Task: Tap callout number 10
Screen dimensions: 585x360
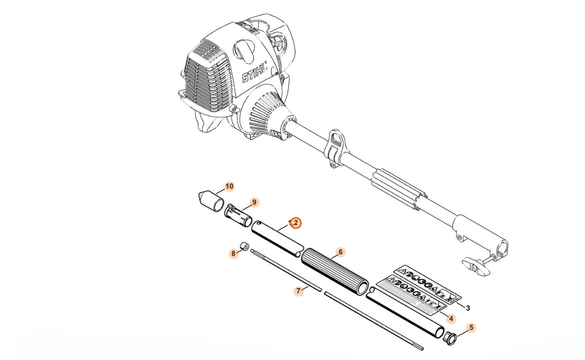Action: pyautogui.click(x=229, y=186)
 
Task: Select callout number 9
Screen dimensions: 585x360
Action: pyautogui.click(x=254, y=202)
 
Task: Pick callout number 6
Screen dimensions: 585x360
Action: pyautogui.click(x=340, y=252)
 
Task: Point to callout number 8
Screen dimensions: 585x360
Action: pyautogui.click(x=233, y=254)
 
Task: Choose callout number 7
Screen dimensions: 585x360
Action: pyautogui.click(x=298, y=291)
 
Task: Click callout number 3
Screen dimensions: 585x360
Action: pyautogui.click(x=468, y=308)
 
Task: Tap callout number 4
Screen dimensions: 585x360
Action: pyautogui.click(x=451, y=319)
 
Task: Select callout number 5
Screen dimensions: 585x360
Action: pyautogui.click(x=471, y=327)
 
